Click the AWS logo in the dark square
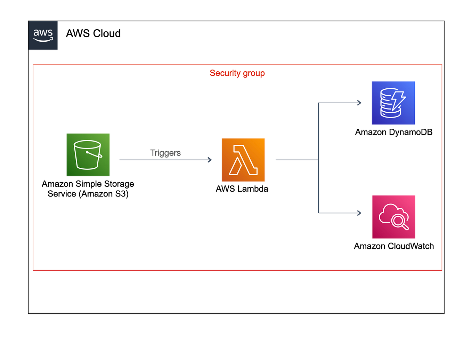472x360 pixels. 43,35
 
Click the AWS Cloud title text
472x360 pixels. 93,33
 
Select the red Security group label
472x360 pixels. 237,73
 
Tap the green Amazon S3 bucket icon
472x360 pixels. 88,155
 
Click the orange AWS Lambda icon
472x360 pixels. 243,160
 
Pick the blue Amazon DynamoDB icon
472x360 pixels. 393,103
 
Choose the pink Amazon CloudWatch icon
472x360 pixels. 394,217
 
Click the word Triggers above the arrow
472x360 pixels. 165,153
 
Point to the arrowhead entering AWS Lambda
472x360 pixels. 210,160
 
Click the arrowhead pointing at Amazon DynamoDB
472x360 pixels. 359,103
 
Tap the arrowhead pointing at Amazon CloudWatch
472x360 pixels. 359,213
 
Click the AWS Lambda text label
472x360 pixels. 242,189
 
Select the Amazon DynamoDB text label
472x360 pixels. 394,132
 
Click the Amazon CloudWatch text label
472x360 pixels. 394,246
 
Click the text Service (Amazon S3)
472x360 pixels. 88,194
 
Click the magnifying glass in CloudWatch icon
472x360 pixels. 399,221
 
